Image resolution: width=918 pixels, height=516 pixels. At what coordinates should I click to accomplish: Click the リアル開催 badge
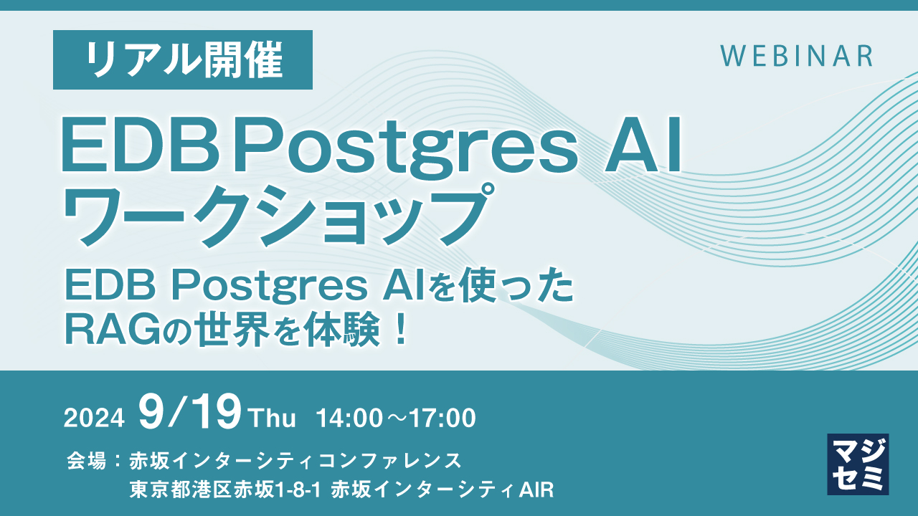point(183,59)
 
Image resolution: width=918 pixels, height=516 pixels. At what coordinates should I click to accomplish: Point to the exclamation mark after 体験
point(401,329)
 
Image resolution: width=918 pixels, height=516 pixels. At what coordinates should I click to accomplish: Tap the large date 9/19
point(190,414)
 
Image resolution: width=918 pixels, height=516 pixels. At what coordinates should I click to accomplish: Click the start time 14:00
point(351,418)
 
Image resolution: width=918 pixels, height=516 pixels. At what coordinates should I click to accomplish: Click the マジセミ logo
point(858,464)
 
